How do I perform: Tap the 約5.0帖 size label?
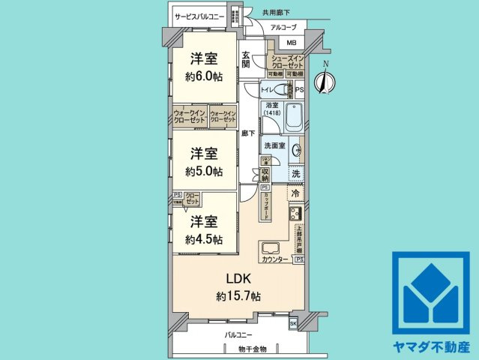click(x=204, y=171)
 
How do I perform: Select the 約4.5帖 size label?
click(x=204, y=239)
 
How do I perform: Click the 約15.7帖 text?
click(x=238, y=296)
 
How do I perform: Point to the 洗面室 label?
click(x=272, y=145)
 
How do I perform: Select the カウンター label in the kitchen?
click(x=274, y=259)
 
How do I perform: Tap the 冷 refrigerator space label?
click(x=296, y=193)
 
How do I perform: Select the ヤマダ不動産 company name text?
click(x=431, y=347)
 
